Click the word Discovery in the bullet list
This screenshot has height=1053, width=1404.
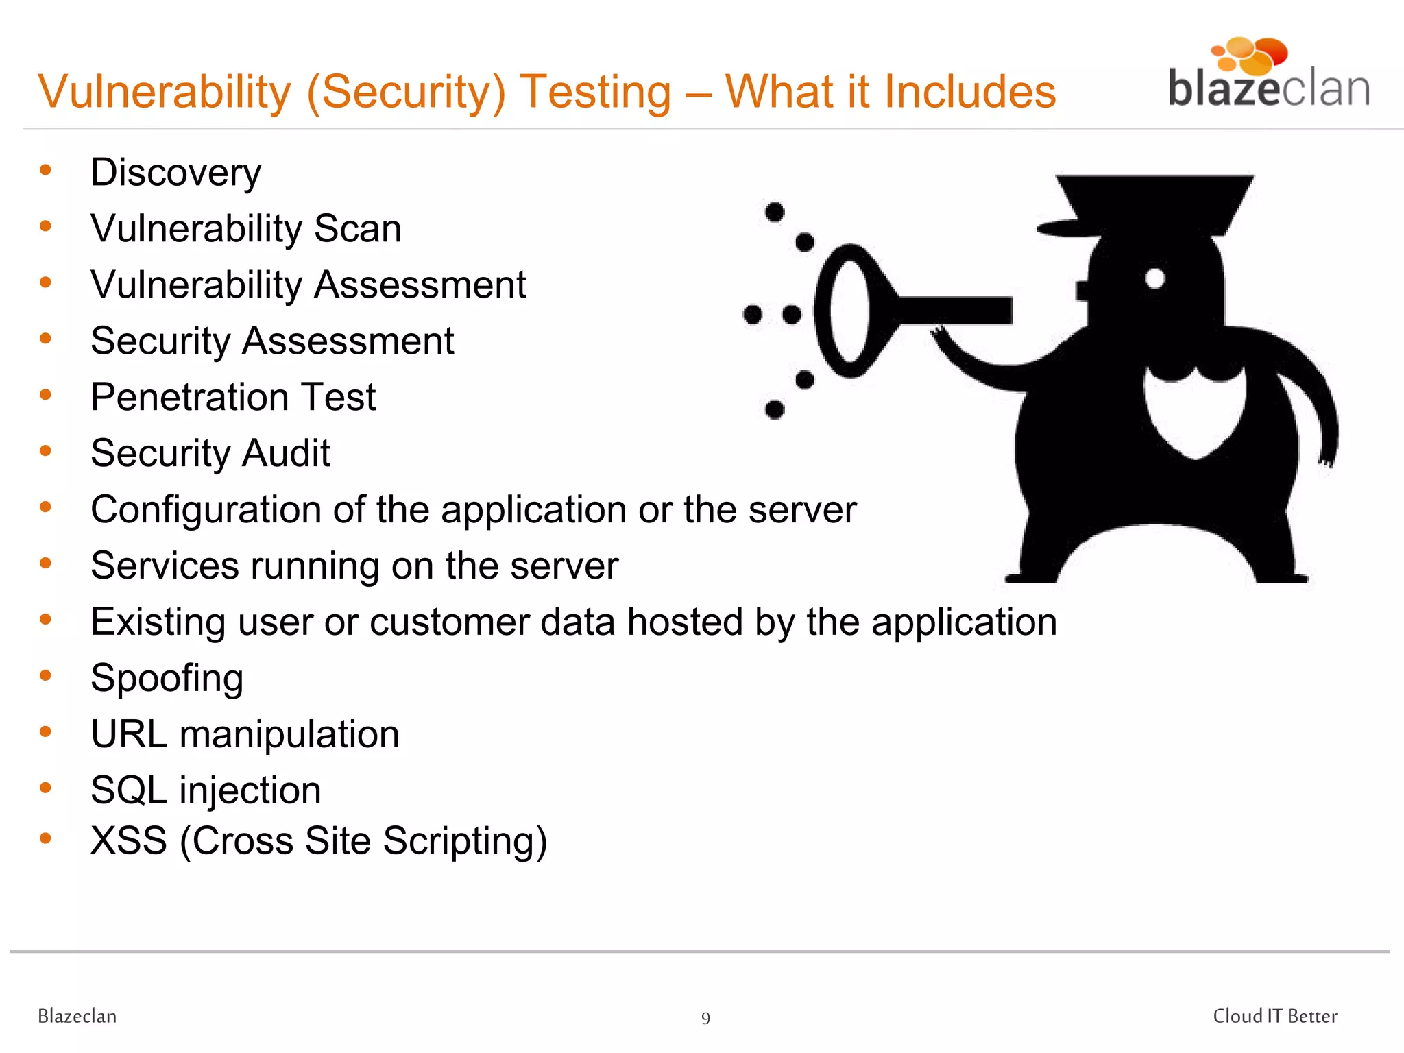coord(175,172)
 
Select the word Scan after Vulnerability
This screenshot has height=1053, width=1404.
coord(357,228)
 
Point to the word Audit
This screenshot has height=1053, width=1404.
coord(286,453)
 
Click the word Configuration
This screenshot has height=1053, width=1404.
coord(206,510)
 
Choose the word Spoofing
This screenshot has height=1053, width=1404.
coord(167,679)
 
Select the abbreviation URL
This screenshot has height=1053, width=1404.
coord(129,734)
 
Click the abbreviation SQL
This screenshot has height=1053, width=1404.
coord(129,790)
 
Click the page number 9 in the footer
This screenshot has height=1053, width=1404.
coord(705,1019)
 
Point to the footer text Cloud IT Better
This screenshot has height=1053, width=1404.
coord(1274,1016)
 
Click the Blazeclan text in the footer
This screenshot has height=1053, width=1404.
coord(77,1016)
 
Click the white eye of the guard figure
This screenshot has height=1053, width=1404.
coord(1155,278)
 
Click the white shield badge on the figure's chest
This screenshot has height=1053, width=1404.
coord(1194,411)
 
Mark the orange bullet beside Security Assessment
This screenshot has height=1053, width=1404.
coord(46,338)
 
